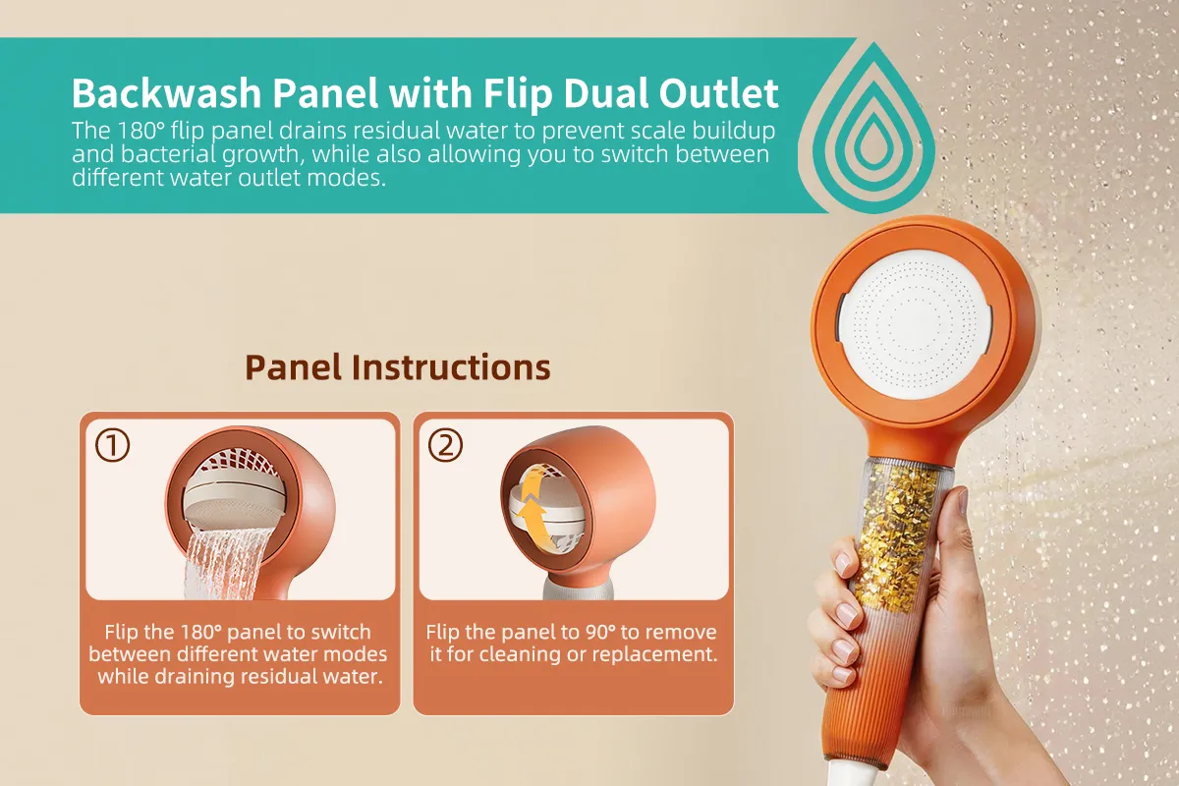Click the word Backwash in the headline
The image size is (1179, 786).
(x=166, y=92)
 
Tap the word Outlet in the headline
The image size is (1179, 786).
(x=718, y=92)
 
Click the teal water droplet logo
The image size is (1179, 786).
(x=873, y=128)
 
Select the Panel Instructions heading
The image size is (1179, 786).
(x=398, y=366)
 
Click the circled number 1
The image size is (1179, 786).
(x=113, y=445)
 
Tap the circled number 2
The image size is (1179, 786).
(x=445, y=445)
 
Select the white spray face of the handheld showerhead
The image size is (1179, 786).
(x=916, y=325)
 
